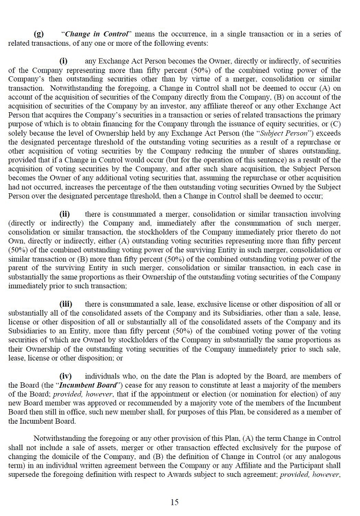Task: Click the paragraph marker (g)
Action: pos(39,34)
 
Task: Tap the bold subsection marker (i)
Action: pos(63,61)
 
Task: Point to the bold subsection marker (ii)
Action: pos(64,214)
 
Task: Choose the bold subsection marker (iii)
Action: pos(66,303)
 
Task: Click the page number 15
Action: pos(175,502)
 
